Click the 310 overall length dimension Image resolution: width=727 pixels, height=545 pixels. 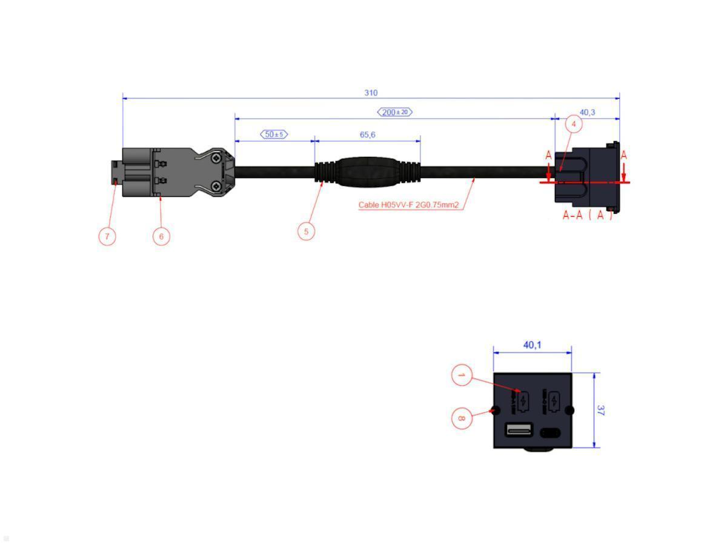pos(371,93)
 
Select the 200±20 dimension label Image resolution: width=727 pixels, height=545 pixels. pos(395,112)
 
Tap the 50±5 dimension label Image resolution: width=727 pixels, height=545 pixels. pos(274,134)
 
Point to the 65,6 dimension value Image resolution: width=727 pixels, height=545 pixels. pos(368,134)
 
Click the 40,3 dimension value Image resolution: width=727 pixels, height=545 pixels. pos(587,112)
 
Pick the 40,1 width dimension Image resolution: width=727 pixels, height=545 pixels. pos(532,345)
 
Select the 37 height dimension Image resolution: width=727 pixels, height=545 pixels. pos(601,410)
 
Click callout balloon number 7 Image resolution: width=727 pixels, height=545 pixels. pos(107,236)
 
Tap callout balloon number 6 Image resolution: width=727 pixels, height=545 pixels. pos(161,236)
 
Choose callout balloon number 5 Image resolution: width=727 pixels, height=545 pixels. pos(307,231)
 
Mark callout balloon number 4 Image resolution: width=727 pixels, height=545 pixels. pos(574,124)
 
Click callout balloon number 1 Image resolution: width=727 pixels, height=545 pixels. pos(461,376)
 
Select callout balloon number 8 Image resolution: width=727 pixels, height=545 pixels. pos(461,418)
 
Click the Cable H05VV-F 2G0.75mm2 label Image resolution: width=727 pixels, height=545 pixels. pos(408,205)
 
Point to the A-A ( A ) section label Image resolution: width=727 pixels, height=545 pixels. pos(587,216)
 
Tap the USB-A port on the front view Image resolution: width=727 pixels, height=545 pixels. pos(519,431)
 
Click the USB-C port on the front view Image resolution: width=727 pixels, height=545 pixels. pos(550,432)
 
